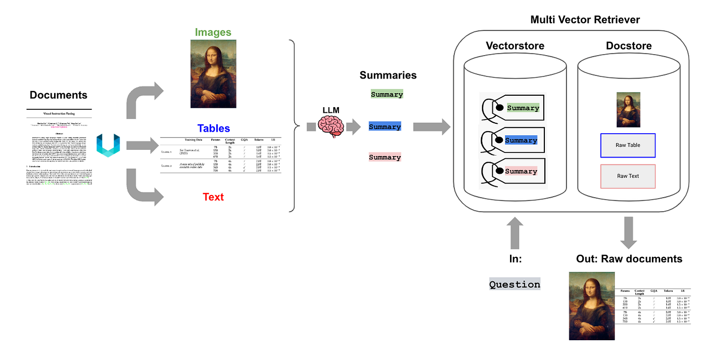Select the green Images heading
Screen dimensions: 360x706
coord(213,32)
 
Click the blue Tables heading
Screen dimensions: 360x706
coord(213,128)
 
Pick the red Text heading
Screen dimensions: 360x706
coord(213,197)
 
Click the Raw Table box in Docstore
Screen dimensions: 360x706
coord(627,145)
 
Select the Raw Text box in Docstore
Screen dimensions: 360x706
coord(627,176)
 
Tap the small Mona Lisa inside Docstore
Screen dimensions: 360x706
coord(628,109)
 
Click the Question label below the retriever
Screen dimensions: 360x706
coord(515,285)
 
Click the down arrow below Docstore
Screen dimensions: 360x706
coord(629,232)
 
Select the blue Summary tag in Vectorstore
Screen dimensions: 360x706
coord(520,140)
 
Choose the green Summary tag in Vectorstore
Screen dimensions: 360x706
coord(522,108)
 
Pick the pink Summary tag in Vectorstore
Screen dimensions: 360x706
coord(520,172)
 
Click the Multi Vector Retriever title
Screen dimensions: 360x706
coord(585,20)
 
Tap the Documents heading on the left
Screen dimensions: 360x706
coord(58,95)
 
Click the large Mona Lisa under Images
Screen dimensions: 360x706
coord(213,74)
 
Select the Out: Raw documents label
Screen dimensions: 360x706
coord(629,259)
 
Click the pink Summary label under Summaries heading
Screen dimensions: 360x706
coord(385,157)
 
